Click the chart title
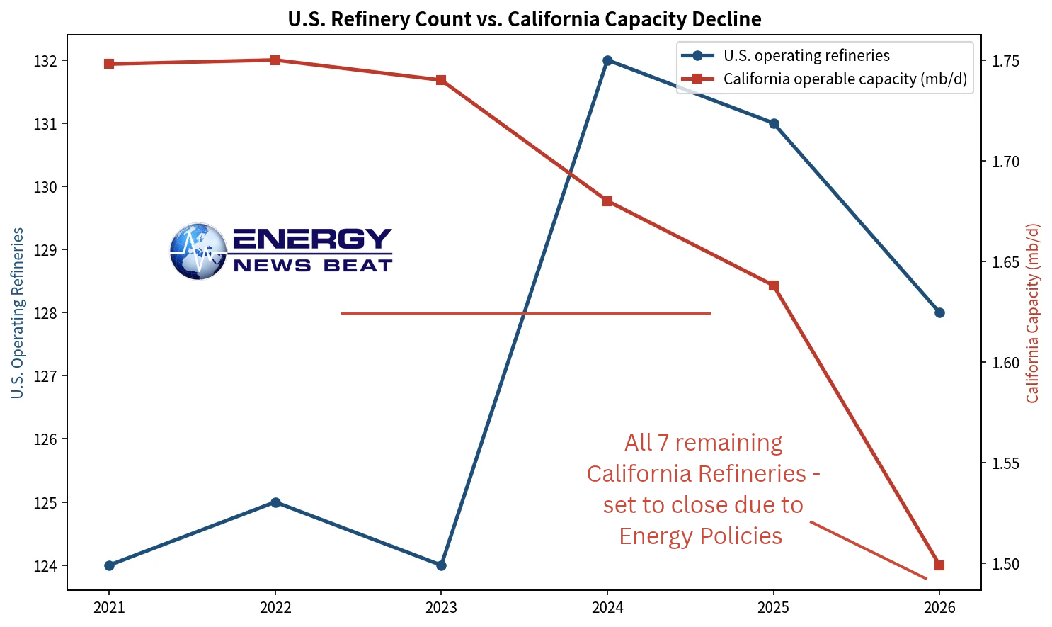(524, 19)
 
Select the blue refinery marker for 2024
(607, 61)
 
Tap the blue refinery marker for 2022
(275, 502)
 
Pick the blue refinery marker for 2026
(939, 313)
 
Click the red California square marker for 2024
(607, 201)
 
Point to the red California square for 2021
(109, 64)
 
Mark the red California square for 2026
(939, 565)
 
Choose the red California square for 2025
(774, 286)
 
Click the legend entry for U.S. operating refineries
(785, 55)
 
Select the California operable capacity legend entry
(824, 79)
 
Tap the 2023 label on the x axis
(441, 608)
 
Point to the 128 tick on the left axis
(45, 313)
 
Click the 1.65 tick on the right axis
(1005, 262)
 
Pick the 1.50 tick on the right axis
(1005, 564)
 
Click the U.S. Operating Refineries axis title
(18, 313)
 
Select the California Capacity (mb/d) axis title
(1031, 313)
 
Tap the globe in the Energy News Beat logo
(198, 252)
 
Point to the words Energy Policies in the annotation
(701, 536)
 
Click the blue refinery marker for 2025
(774, 123)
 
